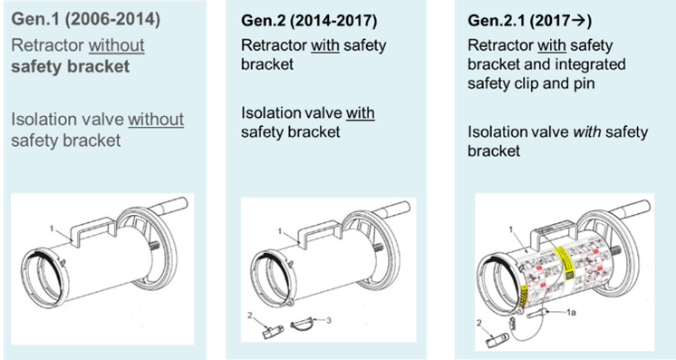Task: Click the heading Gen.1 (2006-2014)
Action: point(86,19)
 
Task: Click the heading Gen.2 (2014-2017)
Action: point(309,21)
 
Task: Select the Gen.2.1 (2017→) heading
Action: point(530,21)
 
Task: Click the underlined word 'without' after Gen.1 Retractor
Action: point(116,45)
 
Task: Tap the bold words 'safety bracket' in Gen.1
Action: point(71,66)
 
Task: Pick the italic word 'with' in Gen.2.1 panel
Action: point(587,131)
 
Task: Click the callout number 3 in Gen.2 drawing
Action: point(329,320)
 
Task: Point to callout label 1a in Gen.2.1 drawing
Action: point(571,312)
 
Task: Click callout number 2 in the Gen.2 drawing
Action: point(249,316)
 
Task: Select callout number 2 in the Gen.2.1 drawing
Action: point(479,323)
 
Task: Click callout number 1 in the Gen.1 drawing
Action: point(52,229)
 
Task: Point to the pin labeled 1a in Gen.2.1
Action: point(537,313)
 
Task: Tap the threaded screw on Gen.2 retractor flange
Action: point(377,248)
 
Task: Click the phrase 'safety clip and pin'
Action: point(531,83)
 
